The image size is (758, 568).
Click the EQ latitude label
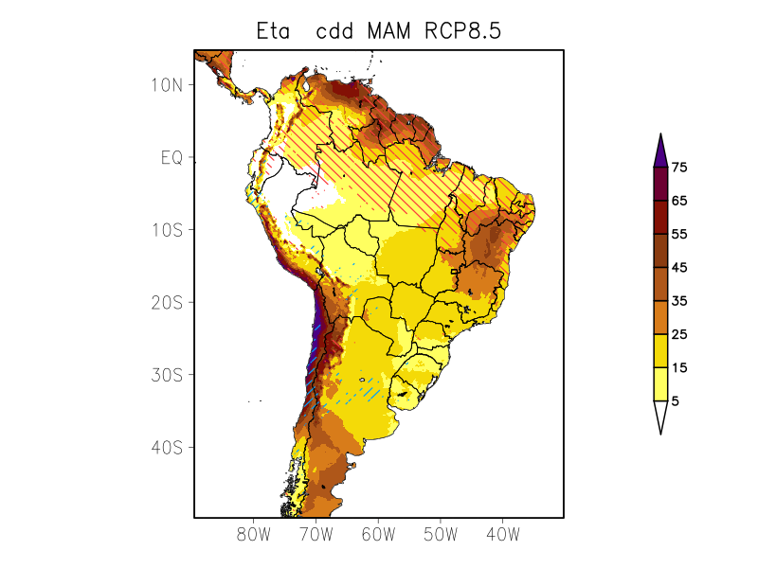(x=171, y=157)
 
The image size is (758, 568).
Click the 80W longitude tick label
(x=253, y=535)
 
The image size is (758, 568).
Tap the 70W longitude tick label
(x=316, y=535)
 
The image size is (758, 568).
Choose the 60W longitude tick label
(x=377, y=535)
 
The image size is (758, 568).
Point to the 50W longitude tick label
(x=440, y=535)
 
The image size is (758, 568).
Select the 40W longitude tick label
(x=502, y=535)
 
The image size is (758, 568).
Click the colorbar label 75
(x=678, y=168)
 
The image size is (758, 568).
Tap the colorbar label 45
(x=678, y=268)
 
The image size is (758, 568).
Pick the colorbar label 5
(x=675, y=401)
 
